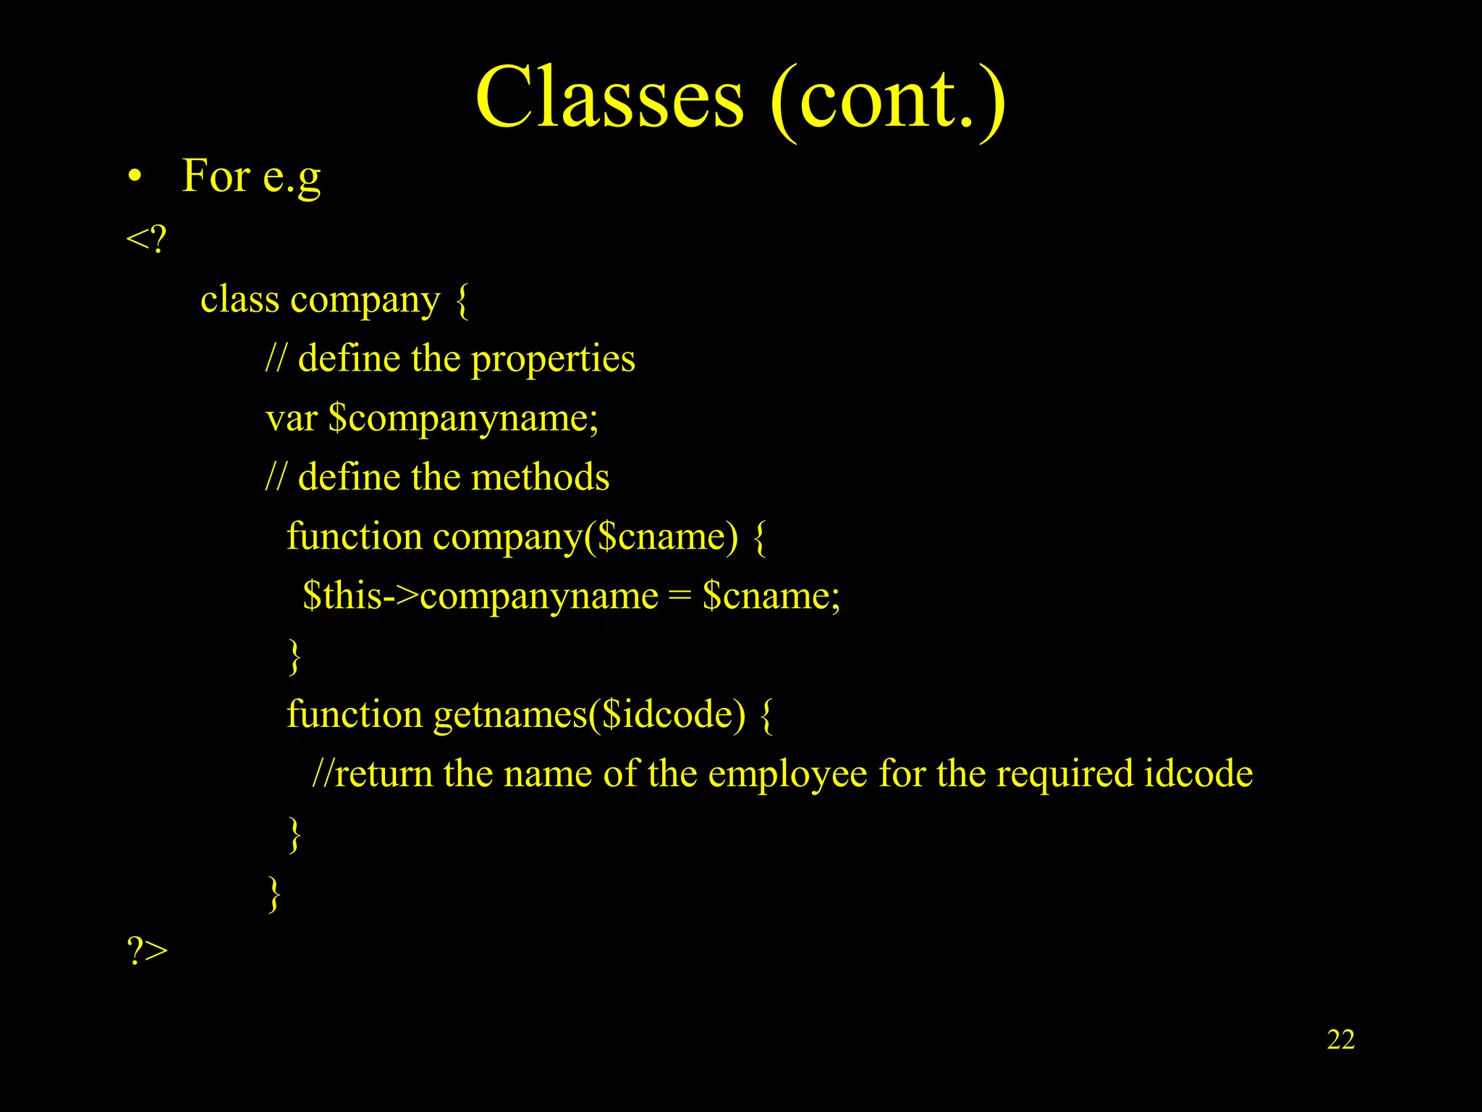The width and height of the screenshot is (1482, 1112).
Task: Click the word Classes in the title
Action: click(609, 98)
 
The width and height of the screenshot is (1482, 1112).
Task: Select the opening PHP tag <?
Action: click(146, 238)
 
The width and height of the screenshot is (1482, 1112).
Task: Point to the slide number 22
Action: click(1340, 1040)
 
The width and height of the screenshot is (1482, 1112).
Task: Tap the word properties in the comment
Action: click(553, 359)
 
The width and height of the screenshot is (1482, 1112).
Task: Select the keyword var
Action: click(292, 419)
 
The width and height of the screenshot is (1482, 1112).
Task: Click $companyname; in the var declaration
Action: click(463, 419)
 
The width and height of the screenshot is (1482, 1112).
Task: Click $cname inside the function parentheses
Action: click(662, 537)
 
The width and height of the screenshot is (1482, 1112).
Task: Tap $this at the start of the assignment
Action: click(342, 597)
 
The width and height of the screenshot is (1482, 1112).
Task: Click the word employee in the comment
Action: click(787, 775)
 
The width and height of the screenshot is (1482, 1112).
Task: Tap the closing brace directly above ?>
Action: click(274, 894)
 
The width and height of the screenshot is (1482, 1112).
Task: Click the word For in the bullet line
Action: click(216, 176)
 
